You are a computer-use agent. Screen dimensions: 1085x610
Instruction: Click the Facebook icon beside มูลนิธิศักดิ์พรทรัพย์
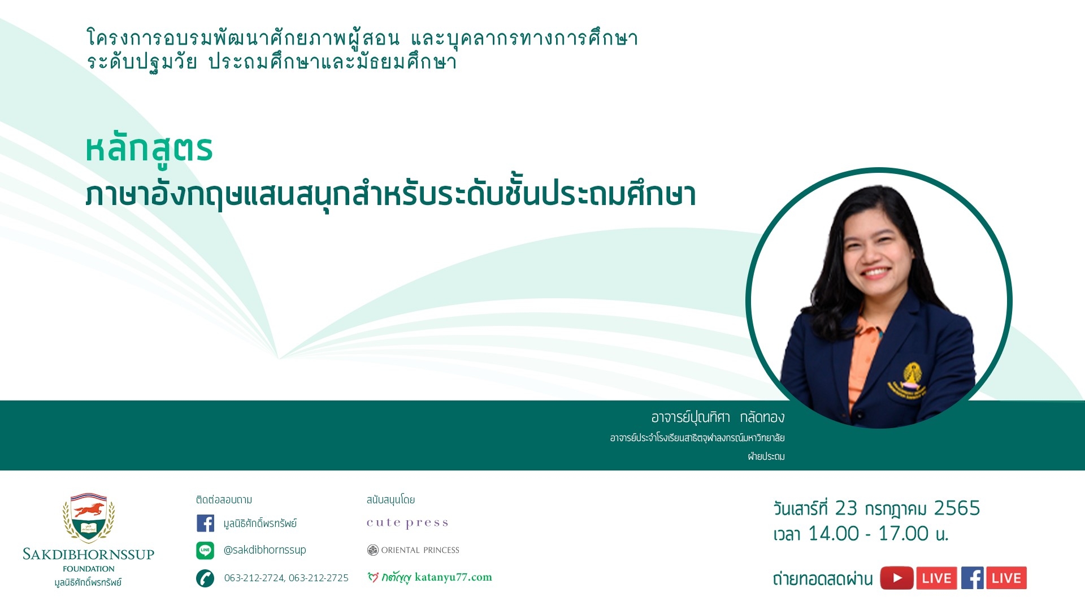click(205, 523)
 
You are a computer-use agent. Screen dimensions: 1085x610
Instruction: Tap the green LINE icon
click(205, 550)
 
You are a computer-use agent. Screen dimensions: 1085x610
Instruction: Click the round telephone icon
click(205, 578)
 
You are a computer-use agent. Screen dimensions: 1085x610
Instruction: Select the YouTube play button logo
click(897, 578)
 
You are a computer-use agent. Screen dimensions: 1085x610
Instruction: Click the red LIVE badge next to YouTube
click(936, 578)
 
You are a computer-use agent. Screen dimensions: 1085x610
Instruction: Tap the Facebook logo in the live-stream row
click(973, 578)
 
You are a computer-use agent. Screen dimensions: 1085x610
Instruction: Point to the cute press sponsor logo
click(407, 523)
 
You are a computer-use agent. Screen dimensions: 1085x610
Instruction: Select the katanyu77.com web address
click(453, 577)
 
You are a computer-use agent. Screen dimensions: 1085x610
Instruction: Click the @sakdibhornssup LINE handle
click(264, 550)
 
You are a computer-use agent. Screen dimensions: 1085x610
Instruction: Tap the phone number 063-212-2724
click(254, 578)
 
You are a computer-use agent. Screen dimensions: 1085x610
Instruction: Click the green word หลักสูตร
click(149, 150)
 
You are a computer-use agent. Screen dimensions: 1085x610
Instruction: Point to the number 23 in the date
click(846, 508)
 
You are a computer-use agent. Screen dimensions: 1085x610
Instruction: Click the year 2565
click(957, 508)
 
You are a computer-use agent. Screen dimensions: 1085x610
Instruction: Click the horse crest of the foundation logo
click(89, 517)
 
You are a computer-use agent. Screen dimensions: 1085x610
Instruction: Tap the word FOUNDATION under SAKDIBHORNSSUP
click(89, 569)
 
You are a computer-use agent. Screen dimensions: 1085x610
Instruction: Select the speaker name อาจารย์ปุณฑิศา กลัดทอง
click(718, 417)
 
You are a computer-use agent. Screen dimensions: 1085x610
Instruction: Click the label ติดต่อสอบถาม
click(224, 500)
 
